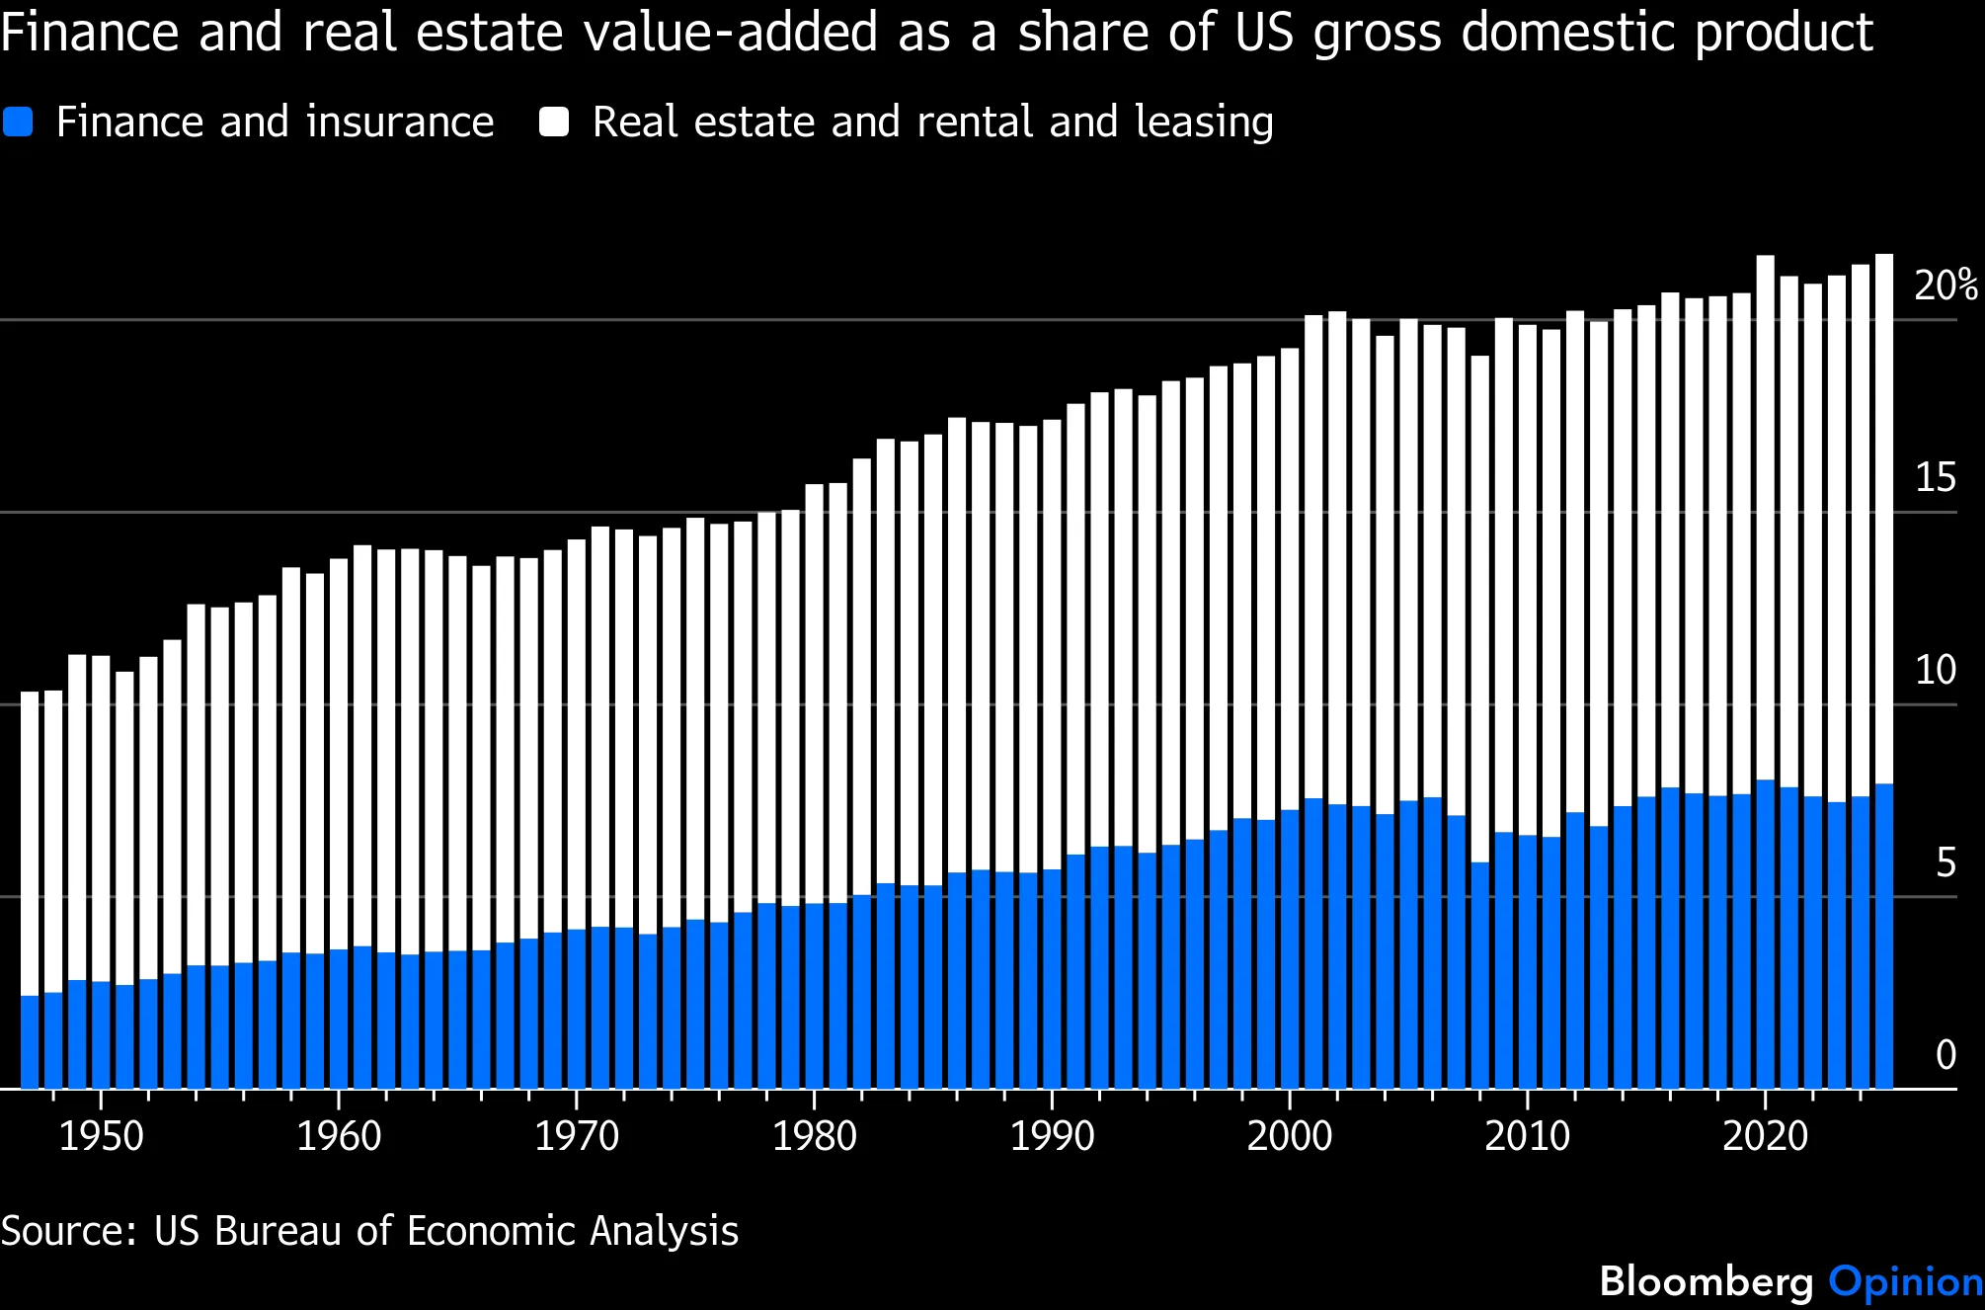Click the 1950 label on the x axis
101,1137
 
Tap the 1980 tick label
814,1137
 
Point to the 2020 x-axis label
1765,1137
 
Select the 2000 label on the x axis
1289,1137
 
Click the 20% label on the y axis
1945,286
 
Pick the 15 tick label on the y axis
1935,478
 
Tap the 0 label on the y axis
1945,1055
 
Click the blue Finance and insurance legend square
18,123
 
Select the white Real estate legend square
554,123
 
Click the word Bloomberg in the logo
1707,1281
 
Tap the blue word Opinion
1905,1281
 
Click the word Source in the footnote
67,1232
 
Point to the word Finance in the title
90,32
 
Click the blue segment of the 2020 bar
1765,934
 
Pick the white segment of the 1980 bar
814,692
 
